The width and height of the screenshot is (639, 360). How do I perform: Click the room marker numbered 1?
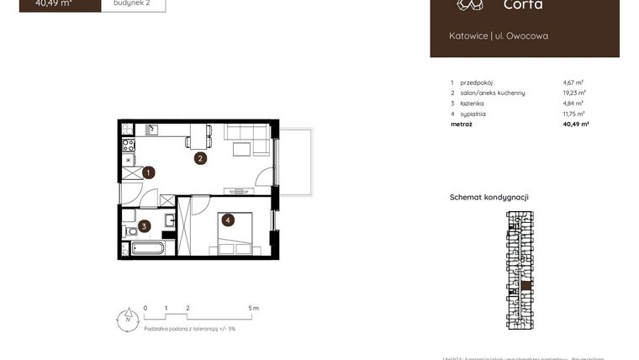pyautogui.click(x=148, y=173)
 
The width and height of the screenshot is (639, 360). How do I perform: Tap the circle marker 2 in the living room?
pyautogui.click(x=200, y=157)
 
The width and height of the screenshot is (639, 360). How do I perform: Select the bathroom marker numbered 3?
pyautogui.click(x=145, y=225)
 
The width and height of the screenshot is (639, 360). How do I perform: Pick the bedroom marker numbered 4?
pyautogui.click(x=226, y=220)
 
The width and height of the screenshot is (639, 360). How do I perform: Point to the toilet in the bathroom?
pyautogui.click(x=130, y=231)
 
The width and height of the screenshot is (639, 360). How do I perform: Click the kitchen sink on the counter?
pyautogui.click(x=151, y=130)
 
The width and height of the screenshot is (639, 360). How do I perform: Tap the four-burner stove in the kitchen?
pyautogui.click(x=129, y=145)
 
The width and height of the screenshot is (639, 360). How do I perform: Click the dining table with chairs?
pyautogui.click(x=199, y=135)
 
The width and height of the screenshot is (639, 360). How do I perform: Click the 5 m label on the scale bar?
pyautogui.click(x=255, y=309)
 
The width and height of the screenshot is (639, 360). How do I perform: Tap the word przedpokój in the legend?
pyautogui.click(x=477, y=82)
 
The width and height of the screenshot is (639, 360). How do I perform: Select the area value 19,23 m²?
pyautogui.click(x=574, y=93)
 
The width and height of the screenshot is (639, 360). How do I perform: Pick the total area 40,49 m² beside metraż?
pyautogui.click(x=575, y=124)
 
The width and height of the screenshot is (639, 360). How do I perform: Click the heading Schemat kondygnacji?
pyautogui.click(x=489, y=197)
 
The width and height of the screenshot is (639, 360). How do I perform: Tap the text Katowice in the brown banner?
pyautogui.click(x=467, y=36)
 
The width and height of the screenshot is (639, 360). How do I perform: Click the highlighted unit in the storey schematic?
pyautogui.click(x=525, y=286)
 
